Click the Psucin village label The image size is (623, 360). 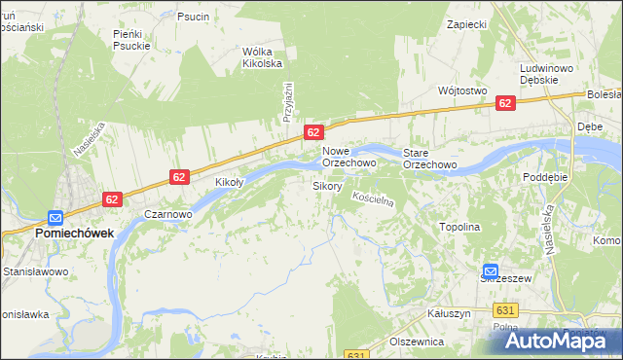click(x=193, y=17)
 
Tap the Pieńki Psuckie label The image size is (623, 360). click(x=130, y=39)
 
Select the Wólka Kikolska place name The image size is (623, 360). click(x=262, y=57)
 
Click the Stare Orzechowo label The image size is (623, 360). click(x=430, y=159)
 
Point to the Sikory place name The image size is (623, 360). click(x=326, y=185)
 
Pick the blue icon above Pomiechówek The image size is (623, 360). click(x=56, y=218)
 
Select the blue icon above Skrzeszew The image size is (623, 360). click(x=492, y=272)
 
